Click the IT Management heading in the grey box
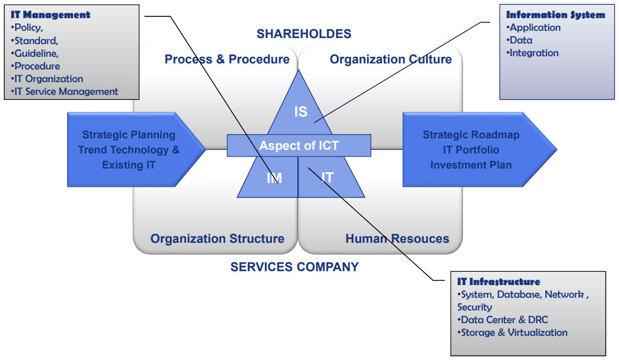point(51,14)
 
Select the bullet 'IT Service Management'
point(65,92)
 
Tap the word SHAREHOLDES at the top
point(303,34)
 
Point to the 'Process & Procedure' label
point(227,59)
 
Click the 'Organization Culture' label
point(391,59)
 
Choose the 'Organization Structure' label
point(217,239)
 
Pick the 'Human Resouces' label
point(397,239)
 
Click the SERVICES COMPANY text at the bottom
point(294,266)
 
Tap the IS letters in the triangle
point(300,112)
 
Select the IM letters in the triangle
point(274,178)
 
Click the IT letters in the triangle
point(327,177)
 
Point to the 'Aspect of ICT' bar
point(299,146)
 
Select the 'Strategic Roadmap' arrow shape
point(471,150)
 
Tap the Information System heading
point(555,14)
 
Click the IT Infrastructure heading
point(499,281)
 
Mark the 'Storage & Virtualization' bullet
point(513,332)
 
